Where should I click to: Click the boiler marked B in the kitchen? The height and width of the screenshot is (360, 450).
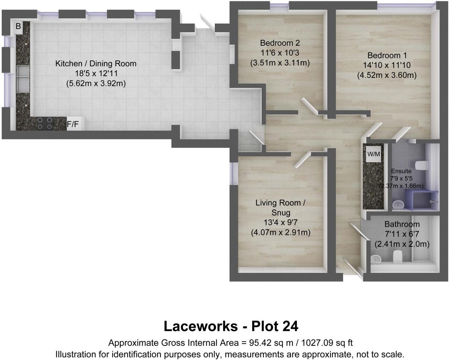(x=18, y=26)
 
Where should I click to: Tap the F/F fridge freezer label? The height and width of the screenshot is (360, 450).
(x=73, y=124)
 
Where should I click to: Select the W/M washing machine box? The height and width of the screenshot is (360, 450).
(x=374, y=154)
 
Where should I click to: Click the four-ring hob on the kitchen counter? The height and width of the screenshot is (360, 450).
(x=44, y=124)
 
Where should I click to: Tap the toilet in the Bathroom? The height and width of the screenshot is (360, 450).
(x=397, y=256)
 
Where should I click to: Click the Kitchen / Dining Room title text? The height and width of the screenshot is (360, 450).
(x=96, y=64)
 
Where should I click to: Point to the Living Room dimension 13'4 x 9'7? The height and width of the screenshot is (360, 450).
(x=280, y=223)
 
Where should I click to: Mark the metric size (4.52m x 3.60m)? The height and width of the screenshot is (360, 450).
(x=387, y=75)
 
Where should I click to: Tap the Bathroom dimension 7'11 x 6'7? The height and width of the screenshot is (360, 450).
(x=402, y=234)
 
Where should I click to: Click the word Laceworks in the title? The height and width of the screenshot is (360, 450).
(x=200, y=326)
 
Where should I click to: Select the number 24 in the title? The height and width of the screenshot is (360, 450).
(x=289, y=326)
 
